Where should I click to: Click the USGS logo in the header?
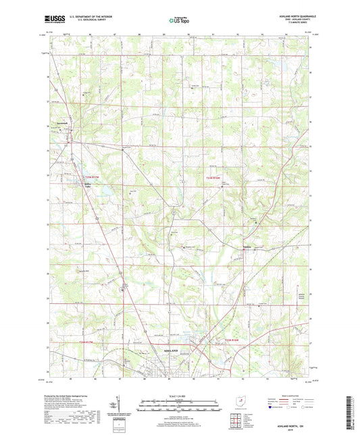click(52, 19)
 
